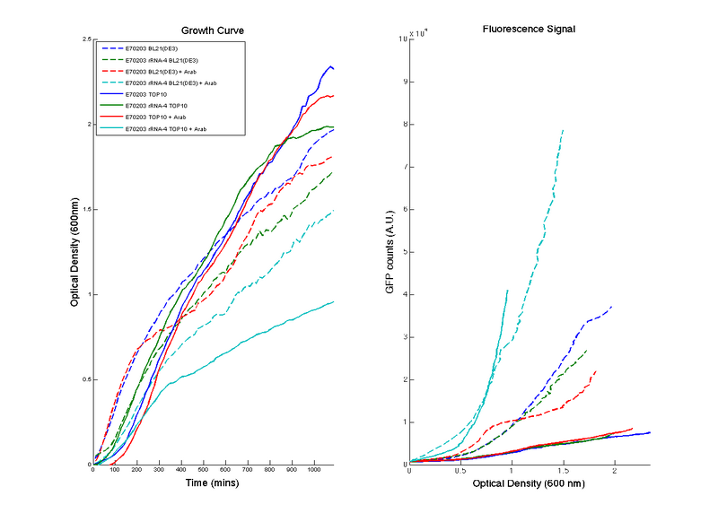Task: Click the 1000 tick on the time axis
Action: [313, 470]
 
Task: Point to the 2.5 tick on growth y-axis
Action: [85, 40]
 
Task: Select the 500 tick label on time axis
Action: [203, 470]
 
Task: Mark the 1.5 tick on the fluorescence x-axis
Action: [564, 470]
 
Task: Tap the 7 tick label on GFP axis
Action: [405, 168]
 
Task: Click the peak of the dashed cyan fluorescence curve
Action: [563, 130]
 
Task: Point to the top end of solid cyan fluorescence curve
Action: [508, 290]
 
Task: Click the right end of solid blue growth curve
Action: [334, 68]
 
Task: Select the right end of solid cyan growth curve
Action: [334, 301]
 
